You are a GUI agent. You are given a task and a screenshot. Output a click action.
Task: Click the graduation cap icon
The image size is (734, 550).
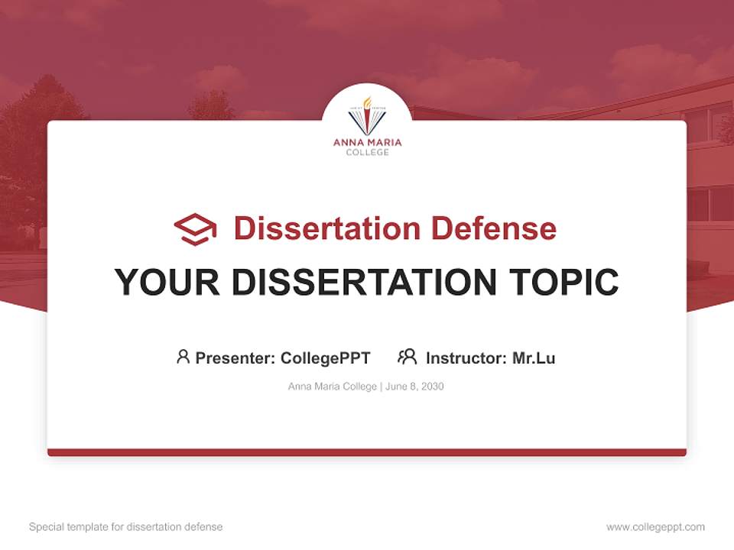(195, 229)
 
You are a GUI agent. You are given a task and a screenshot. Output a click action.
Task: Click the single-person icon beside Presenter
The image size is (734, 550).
(183, 357)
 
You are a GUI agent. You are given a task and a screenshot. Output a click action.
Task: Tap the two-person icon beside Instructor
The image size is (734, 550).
(408, 357)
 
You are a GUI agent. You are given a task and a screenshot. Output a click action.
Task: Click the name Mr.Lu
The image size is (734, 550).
(534, 357)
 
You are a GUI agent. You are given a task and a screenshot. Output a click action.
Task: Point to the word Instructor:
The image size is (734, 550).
(466, 357)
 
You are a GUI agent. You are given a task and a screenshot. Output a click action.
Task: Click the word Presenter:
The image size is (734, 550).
(235, 357)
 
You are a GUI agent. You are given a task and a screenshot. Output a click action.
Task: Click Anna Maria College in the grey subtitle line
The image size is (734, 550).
(332, 387)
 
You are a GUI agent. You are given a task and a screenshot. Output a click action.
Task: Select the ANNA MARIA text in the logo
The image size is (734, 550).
(367, 142)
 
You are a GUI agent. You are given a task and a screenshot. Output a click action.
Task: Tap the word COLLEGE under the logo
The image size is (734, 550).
(367, 152)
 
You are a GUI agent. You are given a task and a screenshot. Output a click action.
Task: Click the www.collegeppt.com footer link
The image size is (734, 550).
(655, 527)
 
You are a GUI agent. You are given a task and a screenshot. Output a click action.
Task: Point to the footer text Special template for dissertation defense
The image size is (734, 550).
(126, 527)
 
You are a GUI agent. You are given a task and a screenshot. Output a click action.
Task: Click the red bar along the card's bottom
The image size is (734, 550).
(367, 452)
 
